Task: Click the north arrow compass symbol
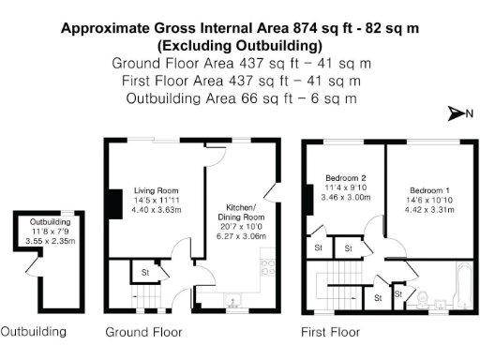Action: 457,114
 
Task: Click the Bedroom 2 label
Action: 345,178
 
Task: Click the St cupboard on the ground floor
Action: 145,273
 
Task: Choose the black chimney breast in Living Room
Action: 111,202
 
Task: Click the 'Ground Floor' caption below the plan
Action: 143,332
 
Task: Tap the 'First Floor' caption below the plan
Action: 330,332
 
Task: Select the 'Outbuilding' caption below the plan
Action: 34,332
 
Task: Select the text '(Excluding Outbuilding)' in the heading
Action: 240,45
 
